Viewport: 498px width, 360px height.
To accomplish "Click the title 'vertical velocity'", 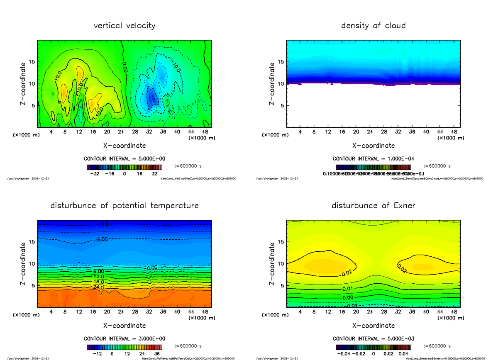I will pos(124,26).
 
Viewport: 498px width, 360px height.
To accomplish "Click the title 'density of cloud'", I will pos(373,26).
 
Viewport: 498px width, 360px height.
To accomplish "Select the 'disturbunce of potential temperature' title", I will pos(124,206).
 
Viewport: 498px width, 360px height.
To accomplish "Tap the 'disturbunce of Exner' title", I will pos(373,206).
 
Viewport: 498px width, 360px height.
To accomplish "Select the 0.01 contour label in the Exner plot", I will pos(347,289).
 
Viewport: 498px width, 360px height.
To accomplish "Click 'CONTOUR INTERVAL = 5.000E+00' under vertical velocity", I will pos(124,159).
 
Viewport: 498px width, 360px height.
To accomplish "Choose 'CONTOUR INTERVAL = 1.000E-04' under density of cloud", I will pos(373,159).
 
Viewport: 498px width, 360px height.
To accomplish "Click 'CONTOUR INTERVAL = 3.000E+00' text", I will pos(124,338).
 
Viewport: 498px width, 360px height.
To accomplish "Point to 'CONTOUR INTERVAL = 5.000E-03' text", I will pos(373,338).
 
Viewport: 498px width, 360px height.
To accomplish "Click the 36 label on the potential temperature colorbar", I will pos(154,354).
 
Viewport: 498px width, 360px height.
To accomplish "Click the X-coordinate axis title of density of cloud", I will pos(373,146).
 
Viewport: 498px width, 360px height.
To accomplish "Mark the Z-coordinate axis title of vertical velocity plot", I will pos(24,83).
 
